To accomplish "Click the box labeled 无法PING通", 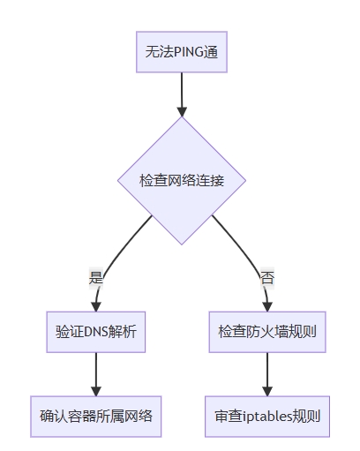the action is click(x=182, y=52).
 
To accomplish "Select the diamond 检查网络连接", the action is click(x=182, y=180).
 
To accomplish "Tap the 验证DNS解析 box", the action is click(x=96, y=332).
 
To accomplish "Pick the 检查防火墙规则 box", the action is click(x=267, y=332).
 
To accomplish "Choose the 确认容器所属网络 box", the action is click(x=96, y=417).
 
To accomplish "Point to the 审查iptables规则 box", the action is click(x=267, y=417).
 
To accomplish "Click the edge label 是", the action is click(x=96, y=277).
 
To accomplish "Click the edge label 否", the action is click(x=267, y=277).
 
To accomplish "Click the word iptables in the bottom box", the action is click(x=267, y=417).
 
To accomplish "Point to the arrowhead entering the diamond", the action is click(x=182, y=112).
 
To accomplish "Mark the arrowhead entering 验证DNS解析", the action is click(x=96, y=306).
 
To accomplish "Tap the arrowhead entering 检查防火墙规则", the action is click(x=267, y=306).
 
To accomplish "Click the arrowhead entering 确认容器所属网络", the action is click(x=96, y=391).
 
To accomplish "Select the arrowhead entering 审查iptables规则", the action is click(x=267, y=391).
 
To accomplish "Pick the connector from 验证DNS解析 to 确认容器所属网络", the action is click(x=96, y=374).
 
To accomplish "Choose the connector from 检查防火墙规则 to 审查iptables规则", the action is click(x=267, y=374).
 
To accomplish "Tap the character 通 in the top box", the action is click(x=211, y=52).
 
